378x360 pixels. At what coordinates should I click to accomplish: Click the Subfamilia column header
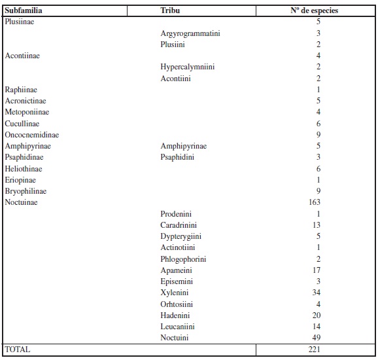pyautogui.click(x=23, y=11)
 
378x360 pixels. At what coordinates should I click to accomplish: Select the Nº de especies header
pyautogui.click(x=314, y=11)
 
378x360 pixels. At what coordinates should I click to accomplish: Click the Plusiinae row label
pyautogui.click(x=20, y=22)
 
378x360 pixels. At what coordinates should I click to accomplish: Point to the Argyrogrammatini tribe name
pyautogui.click(x=190, y=33)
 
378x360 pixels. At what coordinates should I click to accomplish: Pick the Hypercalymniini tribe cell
pyautogui.click(x=188, y=67)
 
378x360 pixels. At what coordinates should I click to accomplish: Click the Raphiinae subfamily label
pyautogui.click(x=20, y=90)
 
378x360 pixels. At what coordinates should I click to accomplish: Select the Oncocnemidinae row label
pyautogui.click(x=27, y=135)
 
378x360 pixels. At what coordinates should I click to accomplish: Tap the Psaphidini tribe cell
pyautogui.click(x=177, y=157)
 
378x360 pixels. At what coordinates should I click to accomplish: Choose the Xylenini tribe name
pyautogui.click(x=175, y=293)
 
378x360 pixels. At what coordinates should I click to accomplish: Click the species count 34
pyautogui.click(x=317, y=293)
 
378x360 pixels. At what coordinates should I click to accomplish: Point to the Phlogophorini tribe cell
pyautogui.click(x=184, y=259)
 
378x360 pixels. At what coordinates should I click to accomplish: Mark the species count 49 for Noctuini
pyautogui.click(x=317, y=338)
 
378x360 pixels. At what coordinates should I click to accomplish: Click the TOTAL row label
pyautogui.click(x=18, y=350)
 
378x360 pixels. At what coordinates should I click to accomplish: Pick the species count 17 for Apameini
pyautogui.click(x=317, y=270)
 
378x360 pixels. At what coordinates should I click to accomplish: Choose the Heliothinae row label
pyautogui.click(x=24, y=168)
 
